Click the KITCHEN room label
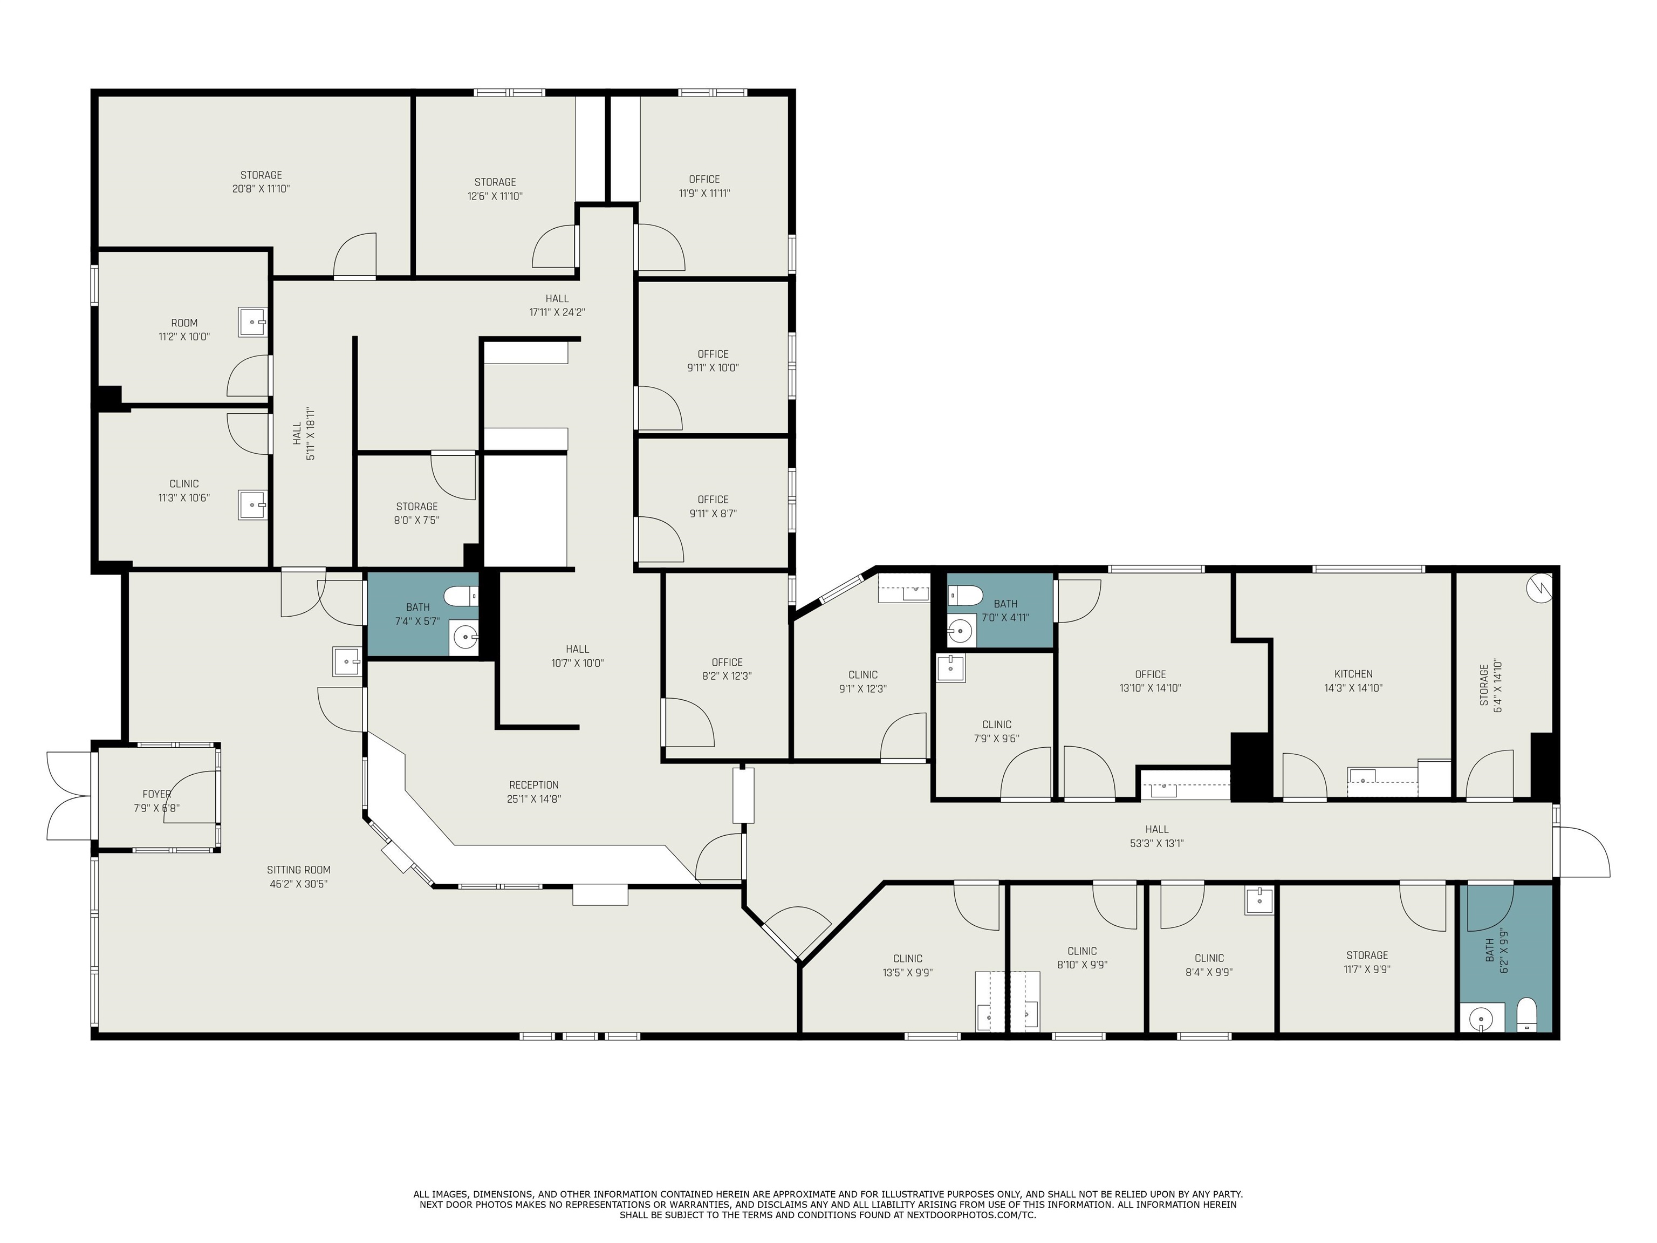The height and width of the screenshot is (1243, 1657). pyautogui.click(x=1353, y=674)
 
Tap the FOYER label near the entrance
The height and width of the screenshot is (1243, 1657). pyautogui.click(x=156, y=794)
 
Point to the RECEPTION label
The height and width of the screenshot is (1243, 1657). pyautogui.click(x=533, y=785)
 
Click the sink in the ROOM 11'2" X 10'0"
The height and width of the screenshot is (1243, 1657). pyautogui.click(x=252, y=322)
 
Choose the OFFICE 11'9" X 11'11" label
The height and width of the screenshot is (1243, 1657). pyautogui.click(x=704, y=179)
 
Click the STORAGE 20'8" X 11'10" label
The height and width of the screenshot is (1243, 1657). pyautogui.click(x=261, y=175)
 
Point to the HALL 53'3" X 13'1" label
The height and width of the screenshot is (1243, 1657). pyautogui.click(x=1156, y=829)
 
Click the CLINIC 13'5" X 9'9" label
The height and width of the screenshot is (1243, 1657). pyautogui.click(x=907, y=958)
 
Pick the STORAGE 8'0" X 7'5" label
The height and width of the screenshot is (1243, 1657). pyautogui.click(x=416, y=507)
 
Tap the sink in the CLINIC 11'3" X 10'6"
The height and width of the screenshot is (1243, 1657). pyautogui.click(x=252, y=504)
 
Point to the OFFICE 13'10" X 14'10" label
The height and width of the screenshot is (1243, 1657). pyautogui.click(x=1150, y=674)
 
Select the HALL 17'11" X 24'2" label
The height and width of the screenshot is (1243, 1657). pyautogui.click(x=557, y=298)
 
